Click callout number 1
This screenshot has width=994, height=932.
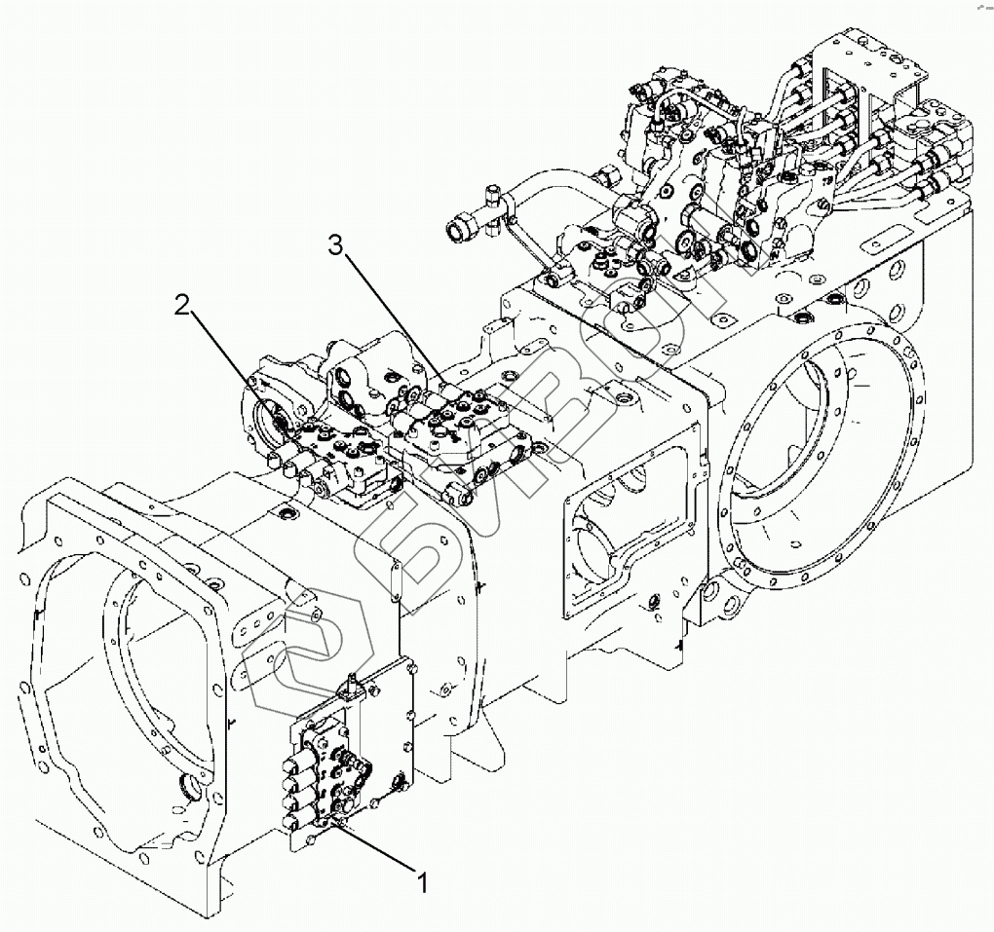point(423,882)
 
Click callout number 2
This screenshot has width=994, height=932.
point(182,306)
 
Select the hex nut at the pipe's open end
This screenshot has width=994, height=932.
point(457,224)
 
